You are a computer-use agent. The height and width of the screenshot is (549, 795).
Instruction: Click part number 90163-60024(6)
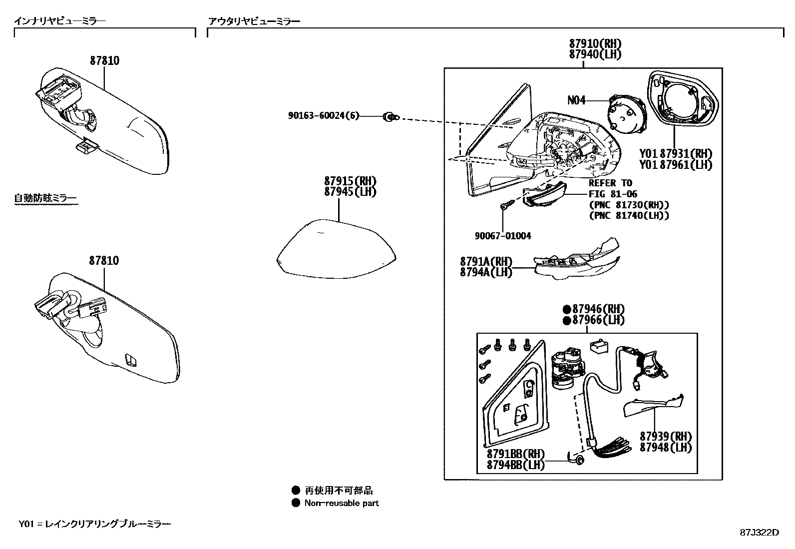[x=323, y=116]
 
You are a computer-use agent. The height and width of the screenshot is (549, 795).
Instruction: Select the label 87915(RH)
[x=350, y=181]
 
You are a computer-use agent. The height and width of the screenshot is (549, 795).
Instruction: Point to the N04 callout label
[x=576, y=100]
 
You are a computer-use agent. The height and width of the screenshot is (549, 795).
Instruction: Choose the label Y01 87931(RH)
[x=675, y=153]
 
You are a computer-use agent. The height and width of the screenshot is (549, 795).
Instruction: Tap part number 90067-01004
[x=502, y=236]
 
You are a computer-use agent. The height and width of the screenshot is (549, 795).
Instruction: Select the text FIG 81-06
[x=613, y=194]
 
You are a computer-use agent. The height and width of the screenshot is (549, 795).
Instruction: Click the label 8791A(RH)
[x=486, y=261]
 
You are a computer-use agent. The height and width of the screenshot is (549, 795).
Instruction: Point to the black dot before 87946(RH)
[x=567, y=309]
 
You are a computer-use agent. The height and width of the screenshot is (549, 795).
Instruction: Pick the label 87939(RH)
[x=666, y=436]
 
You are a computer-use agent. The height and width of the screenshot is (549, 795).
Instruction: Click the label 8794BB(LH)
[x=515, y=465]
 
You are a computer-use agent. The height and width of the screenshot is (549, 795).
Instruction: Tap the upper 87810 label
[x=104, y=60]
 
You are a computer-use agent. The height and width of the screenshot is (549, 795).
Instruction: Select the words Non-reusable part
[x=342, y=503]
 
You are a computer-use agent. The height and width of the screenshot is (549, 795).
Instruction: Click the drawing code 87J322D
[x=759, y=532]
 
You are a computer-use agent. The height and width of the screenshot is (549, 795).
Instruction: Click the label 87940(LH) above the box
[x=595, y=54]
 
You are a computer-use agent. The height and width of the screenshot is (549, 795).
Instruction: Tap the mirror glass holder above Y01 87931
[x=683, y=100]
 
